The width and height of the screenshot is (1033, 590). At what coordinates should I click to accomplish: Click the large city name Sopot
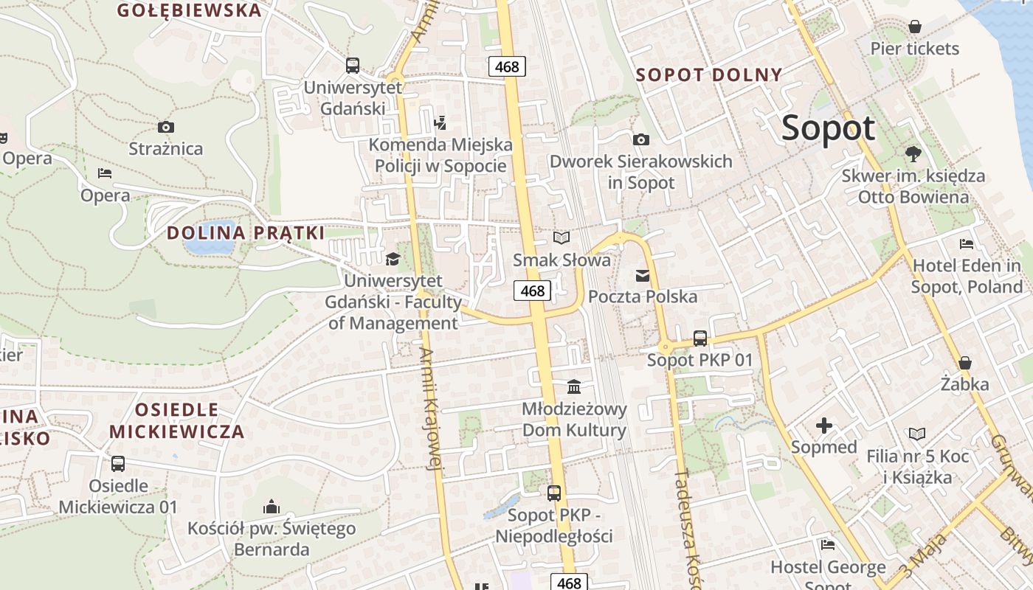pyautogui.click(x=828, y=128)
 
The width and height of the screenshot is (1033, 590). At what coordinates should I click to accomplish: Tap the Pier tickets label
pyautogui.click(x=915, y=49)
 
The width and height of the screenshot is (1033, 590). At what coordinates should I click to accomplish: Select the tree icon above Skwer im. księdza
pyautogui.click(x=913, y=154)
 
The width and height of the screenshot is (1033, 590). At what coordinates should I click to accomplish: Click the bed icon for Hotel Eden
pyautogui.click(x=967, y=244)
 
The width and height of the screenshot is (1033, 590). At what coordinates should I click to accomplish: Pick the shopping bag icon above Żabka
pyautogui.click(x=964, y=363)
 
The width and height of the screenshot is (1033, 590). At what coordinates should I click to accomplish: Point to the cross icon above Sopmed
pyautogui.click(x=824, y=426)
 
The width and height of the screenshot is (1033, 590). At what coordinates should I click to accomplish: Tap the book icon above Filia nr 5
pyautogui.click(x=917, y=434)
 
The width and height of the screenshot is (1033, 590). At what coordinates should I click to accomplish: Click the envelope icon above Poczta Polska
pyautogui.click(x=642, y=276)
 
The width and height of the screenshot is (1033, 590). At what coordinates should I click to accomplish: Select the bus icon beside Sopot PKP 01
pyautogui.click(x=700, y=339)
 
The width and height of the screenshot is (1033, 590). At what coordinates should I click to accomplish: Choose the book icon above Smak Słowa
pyautogui.click(x=562, y=237)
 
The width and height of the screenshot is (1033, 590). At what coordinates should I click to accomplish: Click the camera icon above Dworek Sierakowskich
pyautogui.click(x=641, y=139)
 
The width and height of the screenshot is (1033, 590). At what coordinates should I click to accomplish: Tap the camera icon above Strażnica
pyautogui.click(x=165, y=128)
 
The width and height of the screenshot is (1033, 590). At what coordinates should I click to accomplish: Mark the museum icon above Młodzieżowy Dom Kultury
pyautogui.click(x=573, y=387)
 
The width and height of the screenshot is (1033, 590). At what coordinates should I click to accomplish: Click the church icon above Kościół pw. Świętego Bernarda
pyautogui.click(x=271, y=507)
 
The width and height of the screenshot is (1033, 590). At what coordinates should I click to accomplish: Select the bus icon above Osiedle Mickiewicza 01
pyautogui.click(x=118, y=464)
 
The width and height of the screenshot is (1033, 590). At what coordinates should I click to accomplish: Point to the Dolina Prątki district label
pyautogui.click(x=246, y=233)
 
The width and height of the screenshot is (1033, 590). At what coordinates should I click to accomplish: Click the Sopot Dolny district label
pyautogui.click(x=708, y=74)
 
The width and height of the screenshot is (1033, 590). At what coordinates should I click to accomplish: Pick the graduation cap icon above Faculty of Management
pyautogui.click(x=393, y=260)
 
